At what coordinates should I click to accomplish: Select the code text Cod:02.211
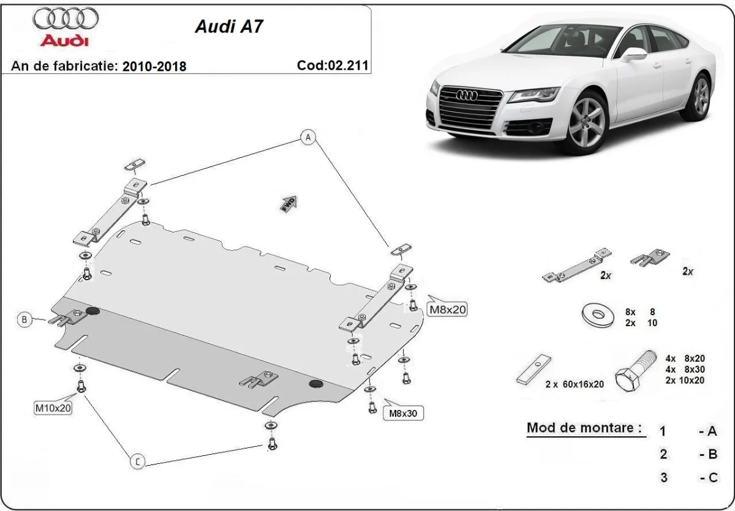(x=333, y=64)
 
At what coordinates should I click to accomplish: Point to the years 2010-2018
(x=156, y=65)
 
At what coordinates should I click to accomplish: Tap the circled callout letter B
(x=24, y=319)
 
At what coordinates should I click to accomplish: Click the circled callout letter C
(x=138, y=462)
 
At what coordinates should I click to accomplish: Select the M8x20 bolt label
(x=447, y=310)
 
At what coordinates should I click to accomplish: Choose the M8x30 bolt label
(x=403, y=414)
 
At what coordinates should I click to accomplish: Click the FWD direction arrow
(x=289, y=203)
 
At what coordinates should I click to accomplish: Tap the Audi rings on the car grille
(x=471, y=95)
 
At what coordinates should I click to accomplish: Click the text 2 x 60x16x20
(x=575, y=384)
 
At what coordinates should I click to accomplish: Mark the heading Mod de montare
(x=584, y=428)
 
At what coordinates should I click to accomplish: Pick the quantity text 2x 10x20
(x=684, y=380)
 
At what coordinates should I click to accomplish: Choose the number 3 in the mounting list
(x=663, y=477)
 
